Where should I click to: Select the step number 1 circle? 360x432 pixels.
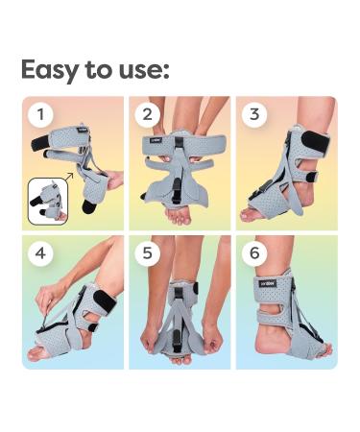point(40,115)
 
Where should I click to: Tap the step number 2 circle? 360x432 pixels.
point(147,115)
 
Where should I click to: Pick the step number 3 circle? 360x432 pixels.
point(253,115)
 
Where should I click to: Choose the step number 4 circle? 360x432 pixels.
point(40,253)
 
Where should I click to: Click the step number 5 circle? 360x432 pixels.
point(147,253)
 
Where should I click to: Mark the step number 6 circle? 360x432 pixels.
point(253,253)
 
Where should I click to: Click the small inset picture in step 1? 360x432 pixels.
point(47,200)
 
